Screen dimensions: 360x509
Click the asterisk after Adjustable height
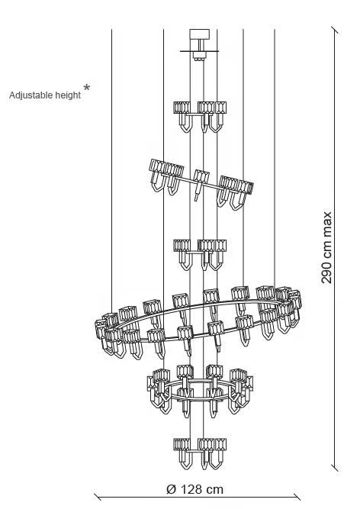[87, 88]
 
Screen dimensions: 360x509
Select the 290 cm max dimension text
[327, 247]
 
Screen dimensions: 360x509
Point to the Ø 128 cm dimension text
[195, 489]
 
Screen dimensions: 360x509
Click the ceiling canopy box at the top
[200, 34]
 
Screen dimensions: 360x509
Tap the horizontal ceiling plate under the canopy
[200, 51]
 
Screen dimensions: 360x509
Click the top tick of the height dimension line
[335, 31]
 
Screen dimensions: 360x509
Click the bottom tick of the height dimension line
[335, 468]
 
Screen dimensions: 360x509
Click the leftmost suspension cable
[111, 171]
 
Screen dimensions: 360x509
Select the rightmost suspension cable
[275, 158]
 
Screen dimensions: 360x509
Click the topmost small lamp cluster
[200, 117]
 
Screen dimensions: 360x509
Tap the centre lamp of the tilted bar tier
[200, 185]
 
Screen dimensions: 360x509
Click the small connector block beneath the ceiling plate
[199, 56]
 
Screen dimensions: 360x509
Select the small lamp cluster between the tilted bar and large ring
[200, 255]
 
